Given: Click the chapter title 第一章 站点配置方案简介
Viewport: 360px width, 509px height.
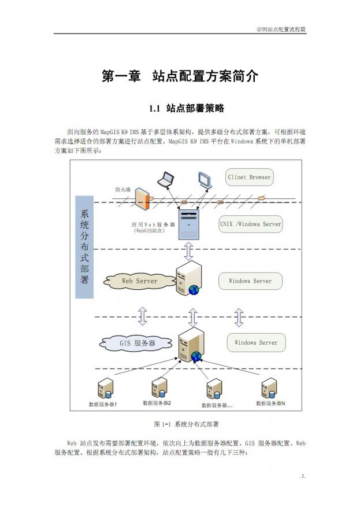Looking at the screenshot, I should tap(180, 76).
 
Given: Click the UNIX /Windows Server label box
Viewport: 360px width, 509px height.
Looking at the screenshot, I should tap(251, 224).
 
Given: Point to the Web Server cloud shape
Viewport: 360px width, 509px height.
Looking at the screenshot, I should tap(139, 281).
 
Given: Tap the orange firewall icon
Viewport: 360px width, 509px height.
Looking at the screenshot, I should tap(143, 200).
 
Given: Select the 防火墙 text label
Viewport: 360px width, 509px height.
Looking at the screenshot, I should tap(122, 189).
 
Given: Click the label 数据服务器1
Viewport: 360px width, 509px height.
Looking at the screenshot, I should tap(103, 404).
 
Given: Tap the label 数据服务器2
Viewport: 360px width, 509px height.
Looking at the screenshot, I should tap(157, 403).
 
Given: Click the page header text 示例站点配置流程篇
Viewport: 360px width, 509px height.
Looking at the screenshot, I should tap(281, 29).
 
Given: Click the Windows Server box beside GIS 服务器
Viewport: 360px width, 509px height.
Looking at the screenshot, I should tap(255, 342).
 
